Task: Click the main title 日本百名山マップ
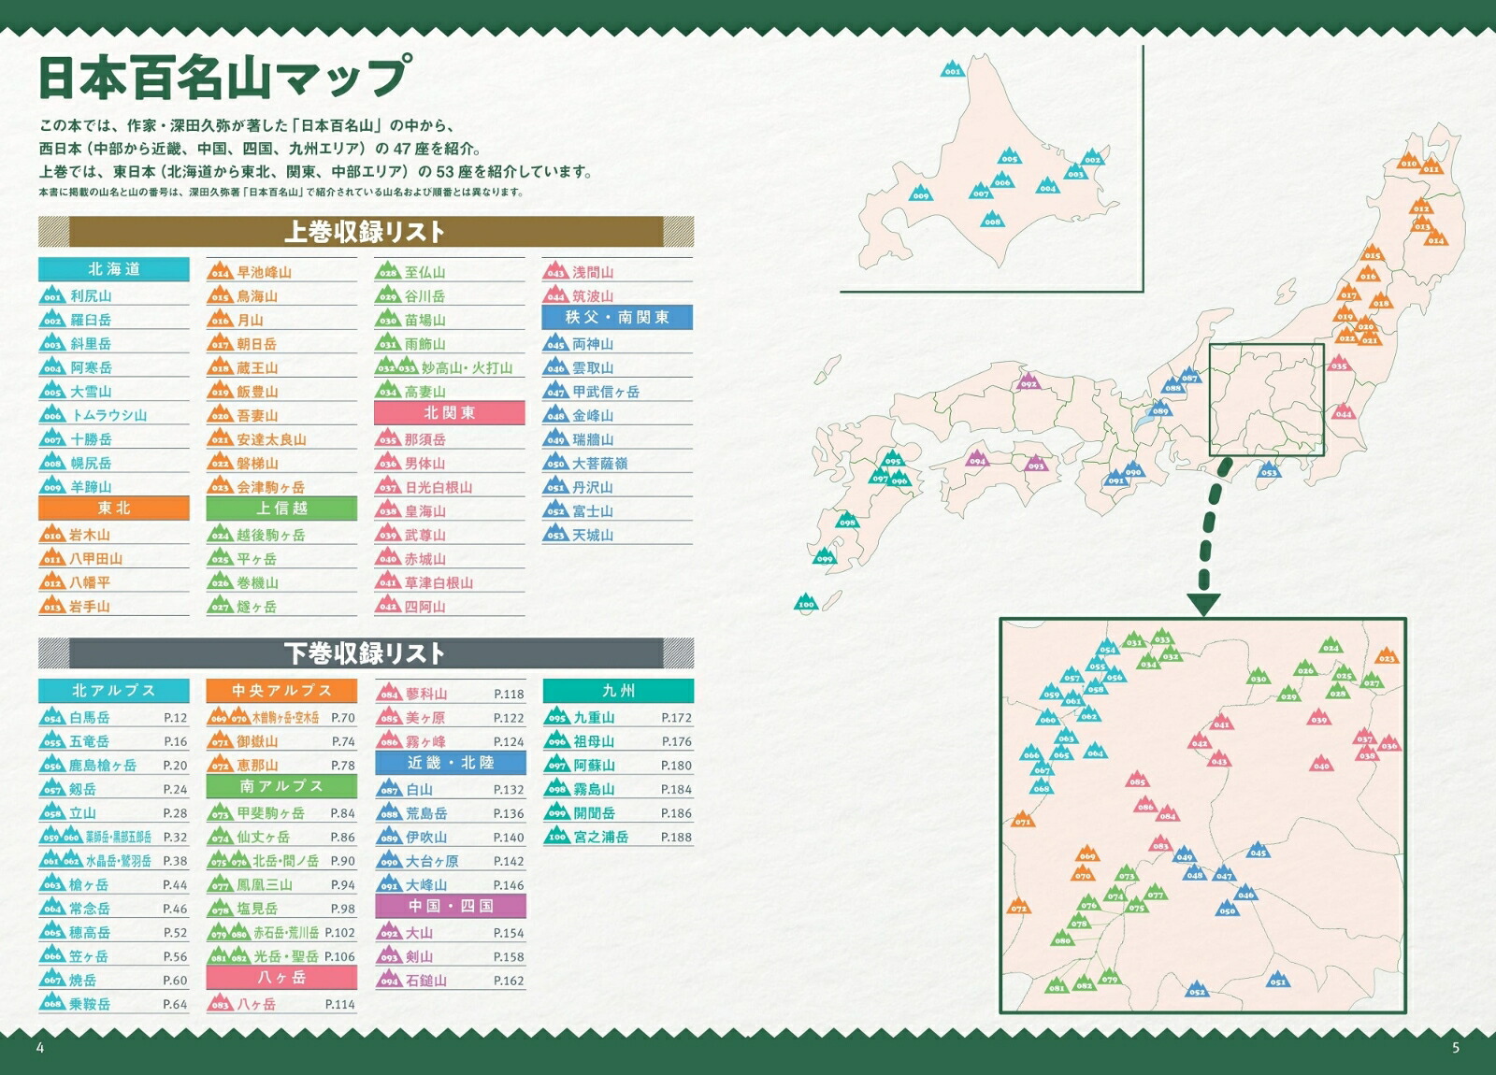(223, 77)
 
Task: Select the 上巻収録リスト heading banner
(365, 231)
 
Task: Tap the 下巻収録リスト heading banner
(365, 652)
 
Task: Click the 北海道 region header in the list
(113, 269)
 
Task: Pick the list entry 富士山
(593, 511)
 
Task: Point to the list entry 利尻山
(91, 296)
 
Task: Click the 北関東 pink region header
(449, 413)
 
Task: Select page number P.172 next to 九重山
(676, 718)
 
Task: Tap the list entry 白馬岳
(89, 718)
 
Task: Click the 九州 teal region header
(618, 691)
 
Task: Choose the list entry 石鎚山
(425, 981)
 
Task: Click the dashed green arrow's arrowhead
(1203, 605)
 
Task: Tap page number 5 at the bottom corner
(1455, 1048)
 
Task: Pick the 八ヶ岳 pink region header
(281, 977)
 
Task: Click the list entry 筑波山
(593, 296)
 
